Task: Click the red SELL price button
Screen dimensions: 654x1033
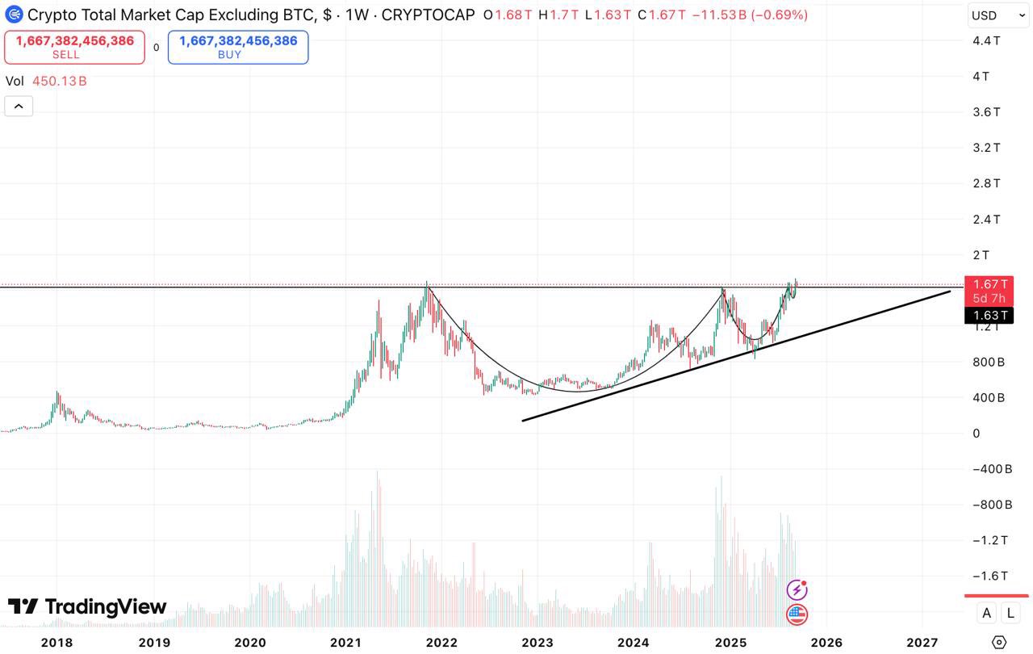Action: [x=74, y=47]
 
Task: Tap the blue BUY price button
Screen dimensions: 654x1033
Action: [x=238, y=47]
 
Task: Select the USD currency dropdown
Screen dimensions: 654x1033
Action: [x=996, y=15]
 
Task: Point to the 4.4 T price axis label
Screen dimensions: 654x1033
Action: [x=986, y=40]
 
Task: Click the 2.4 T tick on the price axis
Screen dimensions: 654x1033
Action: [x=986, y=219]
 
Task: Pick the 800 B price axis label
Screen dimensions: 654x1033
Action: [x=989, y=362]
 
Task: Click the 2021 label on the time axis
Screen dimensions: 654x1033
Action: [x=345, y=643]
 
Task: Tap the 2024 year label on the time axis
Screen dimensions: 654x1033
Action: [x=634, y=643]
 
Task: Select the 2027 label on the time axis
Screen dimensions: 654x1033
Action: [x=922, y=643]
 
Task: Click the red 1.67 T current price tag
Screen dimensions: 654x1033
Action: [x=990, y=284]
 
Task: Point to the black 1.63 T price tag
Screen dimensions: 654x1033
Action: [x=990, y=316]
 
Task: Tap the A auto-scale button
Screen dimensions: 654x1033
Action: [x=986, y=613]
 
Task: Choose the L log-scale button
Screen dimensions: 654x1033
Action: [x=1010, y=613]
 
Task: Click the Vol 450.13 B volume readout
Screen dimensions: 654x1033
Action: [x=47, y=81]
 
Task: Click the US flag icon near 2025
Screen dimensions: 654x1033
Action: [x=797, y=614]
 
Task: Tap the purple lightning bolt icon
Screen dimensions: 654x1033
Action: [x=797, y=590]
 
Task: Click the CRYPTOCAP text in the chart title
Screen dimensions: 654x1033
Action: [x=428, y=15]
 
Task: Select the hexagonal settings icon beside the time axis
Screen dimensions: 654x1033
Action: [x=999, y=643]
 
